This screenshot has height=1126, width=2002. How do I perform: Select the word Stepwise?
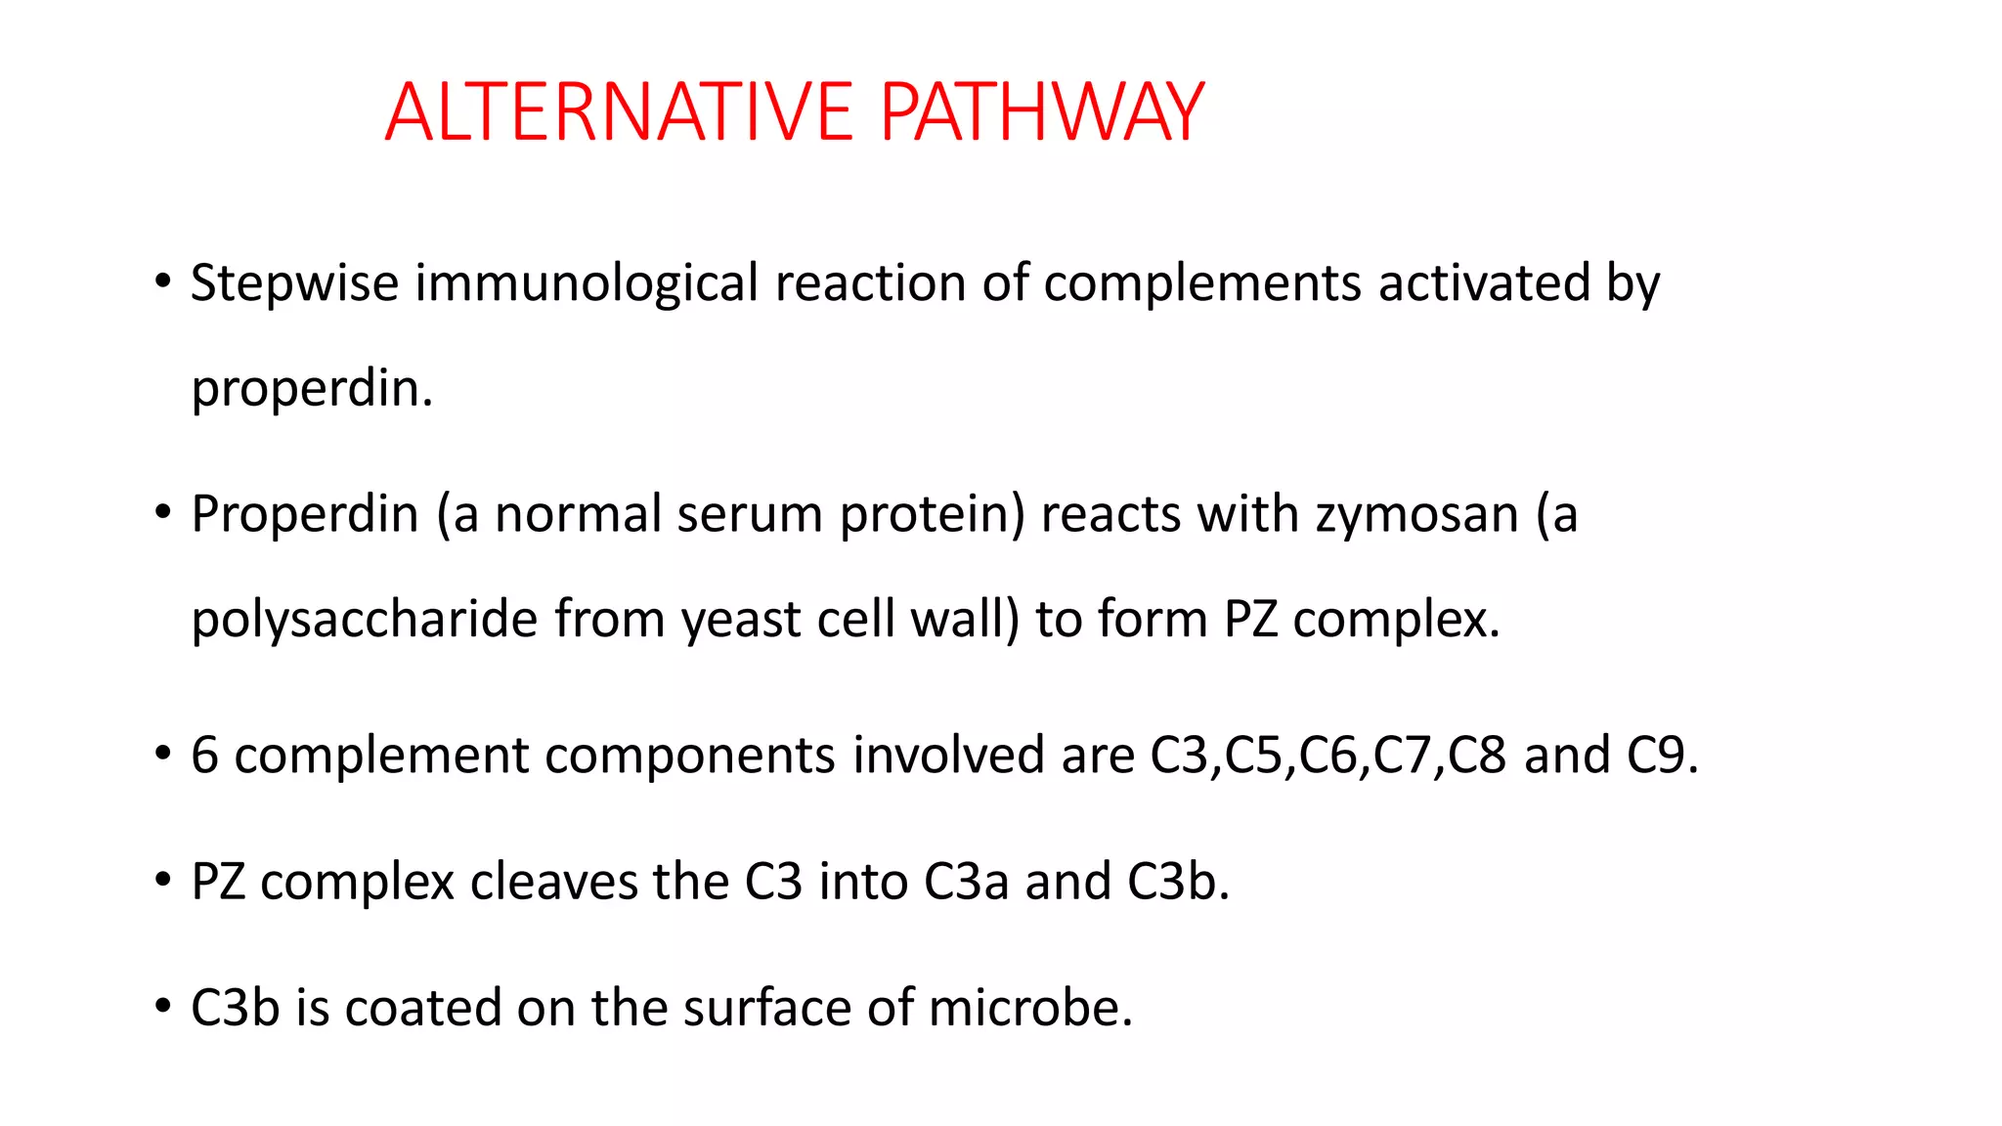click(x=294, y=284)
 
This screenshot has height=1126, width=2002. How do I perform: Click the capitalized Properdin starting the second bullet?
click(x=305, y=515)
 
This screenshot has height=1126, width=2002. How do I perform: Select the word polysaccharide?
click(x=364, y=621)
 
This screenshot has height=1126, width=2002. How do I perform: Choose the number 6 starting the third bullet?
click(x=204, y=756)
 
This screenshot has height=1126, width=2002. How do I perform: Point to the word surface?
click(x=766, y=1008)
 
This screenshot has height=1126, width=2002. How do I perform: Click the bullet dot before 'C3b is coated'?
click(x=163, y=1006)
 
